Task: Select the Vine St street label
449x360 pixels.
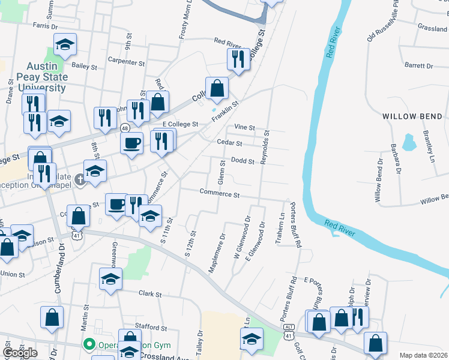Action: click(245, 127)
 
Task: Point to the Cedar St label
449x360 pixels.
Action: click(230, 143)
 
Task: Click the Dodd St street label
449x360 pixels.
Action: click(243, 160)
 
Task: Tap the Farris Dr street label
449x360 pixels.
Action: click(45, 26)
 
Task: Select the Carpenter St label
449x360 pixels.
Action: click(127, 61)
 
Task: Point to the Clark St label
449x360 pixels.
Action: click(151, 295)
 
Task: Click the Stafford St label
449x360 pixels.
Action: click(151, 328)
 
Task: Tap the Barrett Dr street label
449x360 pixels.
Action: click(418, 65)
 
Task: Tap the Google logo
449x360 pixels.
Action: click(20, 352)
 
